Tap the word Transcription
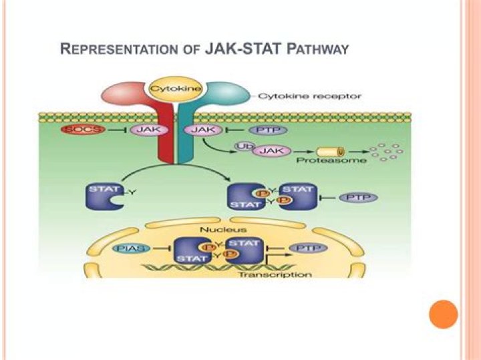point(284,274)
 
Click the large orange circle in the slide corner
point(442,314)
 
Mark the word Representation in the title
point(115,49)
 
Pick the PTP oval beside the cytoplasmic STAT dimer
point(357,198)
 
